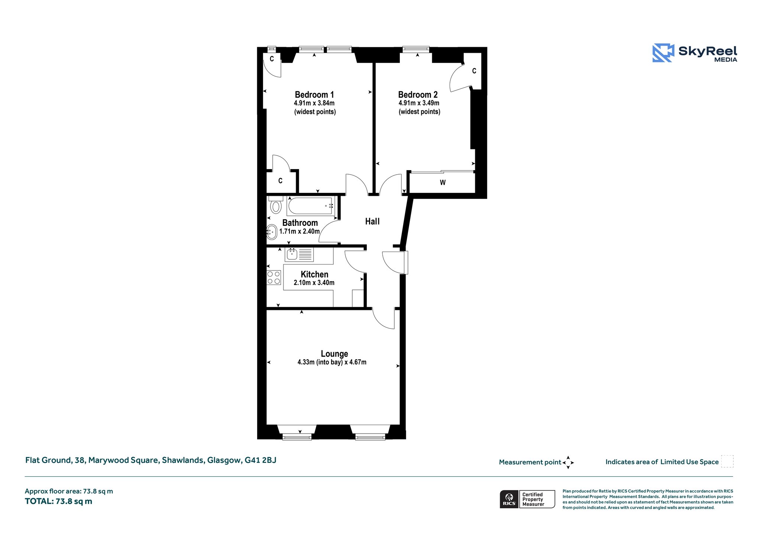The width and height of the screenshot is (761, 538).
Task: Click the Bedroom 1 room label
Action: (x=314, y=95)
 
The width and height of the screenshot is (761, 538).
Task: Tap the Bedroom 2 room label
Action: (x=418, y=95)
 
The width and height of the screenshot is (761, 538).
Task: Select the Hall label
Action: (x=372, y=221)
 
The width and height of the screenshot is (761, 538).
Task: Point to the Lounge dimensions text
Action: (x=332, y=362)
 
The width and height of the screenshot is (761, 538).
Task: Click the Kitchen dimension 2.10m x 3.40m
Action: (x=314, y=283)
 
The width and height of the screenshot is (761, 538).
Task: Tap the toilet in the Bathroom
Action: (x=276, y=205)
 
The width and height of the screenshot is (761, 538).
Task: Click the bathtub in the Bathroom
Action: (x=311, y=206)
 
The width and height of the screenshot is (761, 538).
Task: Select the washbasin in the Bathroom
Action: (x=272, y=232)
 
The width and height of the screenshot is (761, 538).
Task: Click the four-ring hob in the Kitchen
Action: (x=274, y=278)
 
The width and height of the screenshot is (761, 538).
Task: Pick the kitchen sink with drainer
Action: (x=299, y=255)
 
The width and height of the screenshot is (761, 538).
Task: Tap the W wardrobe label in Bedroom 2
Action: (x=443, y=183)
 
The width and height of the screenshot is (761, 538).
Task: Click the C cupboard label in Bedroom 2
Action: (x=474, y=71)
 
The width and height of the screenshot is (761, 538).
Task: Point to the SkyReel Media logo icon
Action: (x=663, y=53)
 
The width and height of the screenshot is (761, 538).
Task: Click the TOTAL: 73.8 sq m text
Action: (x=58, y=502)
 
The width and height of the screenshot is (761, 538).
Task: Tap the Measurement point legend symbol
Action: (x=568, y=463)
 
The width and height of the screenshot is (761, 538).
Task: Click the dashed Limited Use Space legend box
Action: (x=727, y=461)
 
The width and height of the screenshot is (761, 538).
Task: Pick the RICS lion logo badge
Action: (x=509, y=499)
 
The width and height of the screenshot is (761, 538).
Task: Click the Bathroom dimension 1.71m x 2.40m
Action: (x=299, y=231)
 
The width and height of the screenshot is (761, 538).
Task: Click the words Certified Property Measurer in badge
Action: (x=533, y=499)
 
